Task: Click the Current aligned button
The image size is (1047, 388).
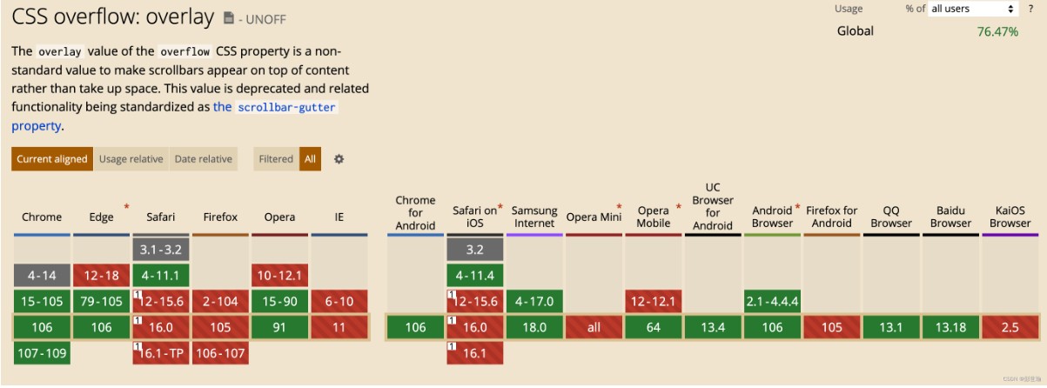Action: [x=52, y=159]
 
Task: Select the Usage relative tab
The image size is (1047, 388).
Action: [x=131, y=159]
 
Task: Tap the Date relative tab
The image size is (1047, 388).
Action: [x=203, y=159]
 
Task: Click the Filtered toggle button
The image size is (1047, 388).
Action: [x=276, y=159]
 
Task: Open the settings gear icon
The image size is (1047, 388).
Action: [x=339, y=159]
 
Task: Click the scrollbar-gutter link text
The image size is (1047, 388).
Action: [x=286, y=107]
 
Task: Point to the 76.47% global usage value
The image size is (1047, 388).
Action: [x=997, y=31]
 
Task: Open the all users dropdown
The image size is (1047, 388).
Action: [x=973, y=9]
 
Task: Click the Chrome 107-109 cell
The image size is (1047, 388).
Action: [x=42, y=353]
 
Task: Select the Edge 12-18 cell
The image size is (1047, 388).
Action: [x=101, y=276]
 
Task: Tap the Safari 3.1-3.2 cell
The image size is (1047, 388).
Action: [x=161, y=250]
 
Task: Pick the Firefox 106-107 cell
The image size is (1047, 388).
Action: [x=220, y=353]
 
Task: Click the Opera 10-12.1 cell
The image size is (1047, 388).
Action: [x=279, y=276]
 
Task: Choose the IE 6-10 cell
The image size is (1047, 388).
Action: [x=339, y=302]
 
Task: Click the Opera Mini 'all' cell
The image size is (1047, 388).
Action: [x=594, y=328]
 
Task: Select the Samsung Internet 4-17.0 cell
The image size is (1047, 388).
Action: [x=534, y=302]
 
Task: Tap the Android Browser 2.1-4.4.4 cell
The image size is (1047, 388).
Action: [x=772, y=302]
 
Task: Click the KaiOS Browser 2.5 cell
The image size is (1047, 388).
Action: [x=1010, y=328]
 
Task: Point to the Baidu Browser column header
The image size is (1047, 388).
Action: [x=950, y=217]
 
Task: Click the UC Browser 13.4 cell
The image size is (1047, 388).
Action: [x=713, y=328]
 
